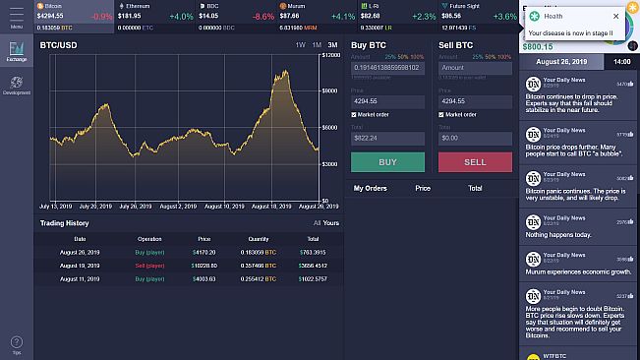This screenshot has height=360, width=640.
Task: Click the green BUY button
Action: [x=387, y=162]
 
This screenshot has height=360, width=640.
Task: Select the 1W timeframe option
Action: [x=299, y=46]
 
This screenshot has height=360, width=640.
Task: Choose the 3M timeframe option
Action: [x=332, y=46]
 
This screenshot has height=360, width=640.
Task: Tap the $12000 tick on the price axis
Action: [x=331, y=57]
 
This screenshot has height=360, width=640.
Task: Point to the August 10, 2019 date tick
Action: [x=227, y=207]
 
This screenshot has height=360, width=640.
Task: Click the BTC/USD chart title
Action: [x=59, y=46]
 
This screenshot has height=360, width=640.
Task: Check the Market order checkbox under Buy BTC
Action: [x=354, y=114]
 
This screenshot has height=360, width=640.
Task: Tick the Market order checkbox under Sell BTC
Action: [x=442, y=114]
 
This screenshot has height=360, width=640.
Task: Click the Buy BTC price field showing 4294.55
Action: [x=387, y=101]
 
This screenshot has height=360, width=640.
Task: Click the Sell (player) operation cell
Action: [x=149, y=266]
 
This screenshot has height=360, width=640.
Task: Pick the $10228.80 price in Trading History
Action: [x=204, y=266]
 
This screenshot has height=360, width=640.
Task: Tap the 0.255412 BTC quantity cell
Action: [x=259, y=278]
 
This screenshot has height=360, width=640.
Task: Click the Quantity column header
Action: [x=259, y=239]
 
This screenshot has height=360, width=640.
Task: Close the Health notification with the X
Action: [x=616, y=17]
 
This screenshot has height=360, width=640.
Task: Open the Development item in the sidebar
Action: [x=16, y=85]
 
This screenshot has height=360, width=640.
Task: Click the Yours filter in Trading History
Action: [x=330, y=223]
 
